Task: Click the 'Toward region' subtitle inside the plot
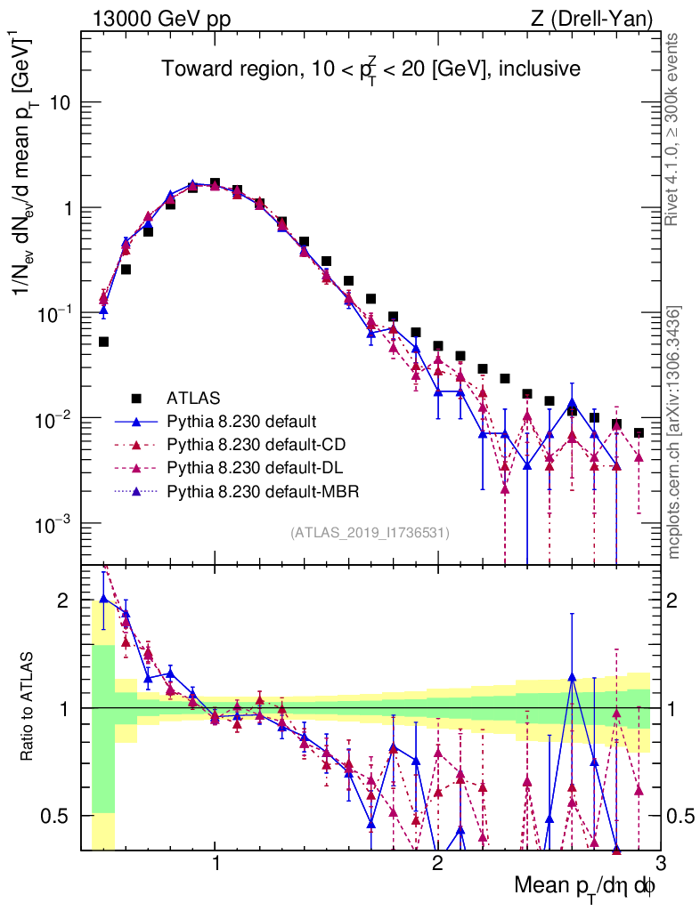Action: point(370,69)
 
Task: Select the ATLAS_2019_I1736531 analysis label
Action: point(370,533)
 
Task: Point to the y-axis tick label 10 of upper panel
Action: point(59,103)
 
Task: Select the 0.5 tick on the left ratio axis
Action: point(57,815)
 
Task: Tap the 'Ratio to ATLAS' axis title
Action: point(28,707)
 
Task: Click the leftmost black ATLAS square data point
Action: point(103,342)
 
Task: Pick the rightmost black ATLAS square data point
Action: point(639,432)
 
